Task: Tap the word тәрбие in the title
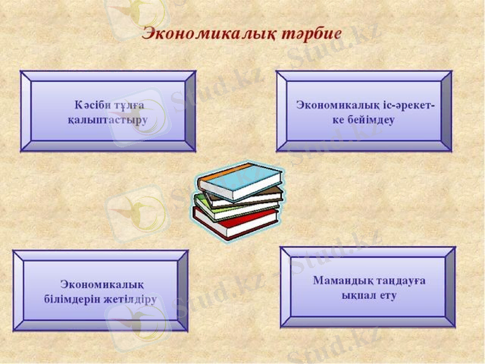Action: [x=312, y=33]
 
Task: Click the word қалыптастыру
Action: [x=107, y=120]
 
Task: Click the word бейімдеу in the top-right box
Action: [x=372, y=120]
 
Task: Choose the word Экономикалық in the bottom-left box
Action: [x=101, y=284]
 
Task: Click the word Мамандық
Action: [x=340, y=280]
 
